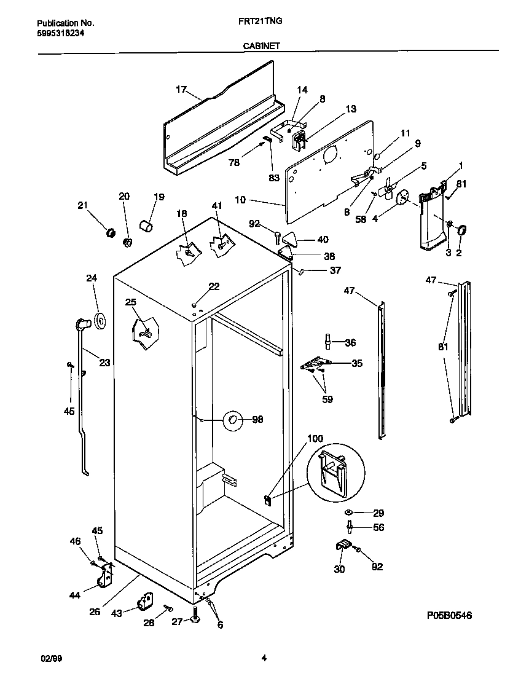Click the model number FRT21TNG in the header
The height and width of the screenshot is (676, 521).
point(260,21)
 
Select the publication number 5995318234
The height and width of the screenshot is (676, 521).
point(57,33)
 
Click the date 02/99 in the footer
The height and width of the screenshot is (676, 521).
point(51,659)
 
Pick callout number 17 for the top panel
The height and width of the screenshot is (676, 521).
point(181,89)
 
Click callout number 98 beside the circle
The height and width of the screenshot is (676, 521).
point(257,420)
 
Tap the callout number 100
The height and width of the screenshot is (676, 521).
point(315,439)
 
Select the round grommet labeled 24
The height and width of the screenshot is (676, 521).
point(98,320)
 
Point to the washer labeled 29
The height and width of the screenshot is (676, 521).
point(348,513)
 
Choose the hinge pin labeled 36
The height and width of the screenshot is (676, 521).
point(328,341)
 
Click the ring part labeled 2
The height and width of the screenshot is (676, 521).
point(463,231)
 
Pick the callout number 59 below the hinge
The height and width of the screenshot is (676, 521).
point(327,399)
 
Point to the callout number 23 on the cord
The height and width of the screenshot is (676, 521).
point(104,363)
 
